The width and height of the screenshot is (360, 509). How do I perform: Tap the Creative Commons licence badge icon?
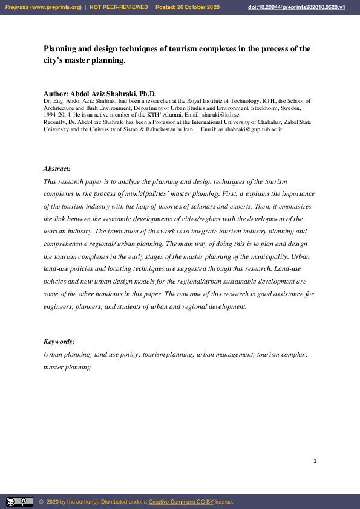coord(19,501)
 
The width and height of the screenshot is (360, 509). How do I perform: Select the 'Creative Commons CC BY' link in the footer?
coord(181,502)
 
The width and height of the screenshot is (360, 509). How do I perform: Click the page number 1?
coord(315,461)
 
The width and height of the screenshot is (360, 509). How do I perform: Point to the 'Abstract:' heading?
coord(57,169)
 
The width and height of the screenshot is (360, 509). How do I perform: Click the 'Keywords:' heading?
coord(59,342)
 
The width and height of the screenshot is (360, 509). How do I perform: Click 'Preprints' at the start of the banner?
coord(17,7)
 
